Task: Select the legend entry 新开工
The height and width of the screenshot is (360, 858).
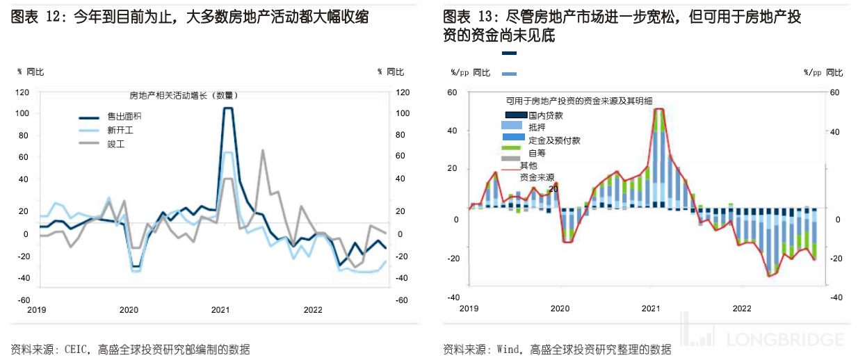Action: tap(119, 130)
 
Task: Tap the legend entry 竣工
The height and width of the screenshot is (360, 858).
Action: tap(115, 144)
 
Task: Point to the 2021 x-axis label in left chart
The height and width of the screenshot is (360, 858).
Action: tap(220, 310)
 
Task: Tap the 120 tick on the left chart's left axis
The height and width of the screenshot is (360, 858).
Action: tap(22, 92)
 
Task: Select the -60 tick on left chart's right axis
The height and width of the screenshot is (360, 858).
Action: tap(401, 300)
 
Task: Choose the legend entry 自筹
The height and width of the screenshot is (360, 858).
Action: tap(537, 153)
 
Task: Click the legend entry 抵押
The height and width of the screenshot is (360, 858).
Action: tap(537, 127)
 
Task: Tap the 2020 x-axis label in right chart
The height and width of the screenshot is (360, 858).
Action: tap(560, 308)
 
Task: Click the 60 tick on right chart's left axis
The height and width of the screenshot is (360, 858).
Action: tap(452, 92)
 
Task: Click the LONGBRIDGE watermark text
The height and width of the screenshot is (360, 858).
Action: tap(785, 340)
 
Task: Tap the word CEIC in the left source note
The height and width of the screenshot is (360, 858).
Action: tap(77, 350)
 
